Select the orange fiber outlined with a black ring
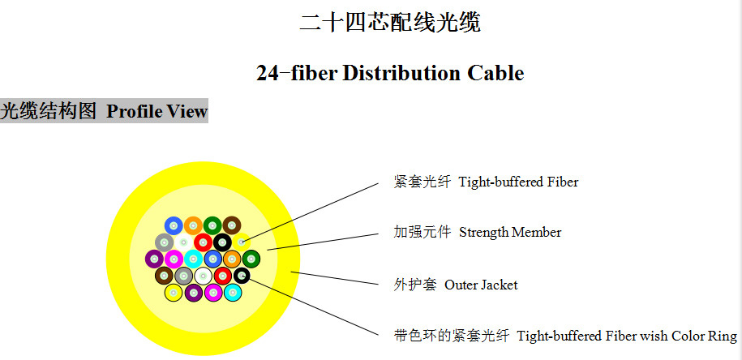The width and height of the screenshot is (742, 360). tap(232, 259)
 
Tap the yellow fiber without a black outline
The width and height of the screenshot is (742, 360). tap(242, 242)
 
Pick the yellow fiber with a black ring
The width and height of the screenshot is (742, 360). tap(174, 293)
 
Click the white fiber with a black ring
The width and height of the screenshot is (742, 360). tap(203, 276)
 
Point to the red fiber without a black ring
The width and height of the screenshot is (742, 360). tap(203, 242)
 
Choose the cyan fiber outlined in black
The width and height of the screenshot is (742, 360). tap(233, 293)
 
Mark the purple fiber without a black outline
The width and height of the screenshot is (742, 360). tap(154, 259)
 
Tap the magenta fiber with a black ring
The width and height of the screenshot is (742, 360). tap(213, 293)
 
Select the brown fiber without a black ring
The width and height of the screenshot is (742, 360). tap(232, 225)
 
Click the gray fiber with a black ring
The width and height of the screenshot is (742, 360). tap(183, 276)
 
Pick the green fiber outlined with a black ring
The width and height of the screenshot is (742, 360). tap(251, 259)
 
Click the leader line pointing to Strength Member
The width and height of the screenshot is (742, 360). tap(323, 242)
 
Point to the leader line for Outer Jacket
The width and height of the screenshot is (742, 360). tap(335, 278)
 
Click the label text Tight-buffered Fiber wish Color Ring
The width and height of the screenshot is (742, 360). tap(627, 336)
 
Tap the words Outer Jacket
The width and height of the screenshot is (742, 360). tap(481, 285)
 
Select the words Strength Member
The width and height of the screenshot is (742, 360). tap(510, 233)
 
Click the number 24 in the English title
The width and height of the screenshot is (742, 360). tap(268, 73)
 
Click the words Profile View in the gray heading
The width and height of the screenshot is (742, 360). tap(157, 112)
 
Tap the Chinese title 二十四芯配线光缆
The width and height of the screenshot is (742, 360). tap(390, 22)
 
